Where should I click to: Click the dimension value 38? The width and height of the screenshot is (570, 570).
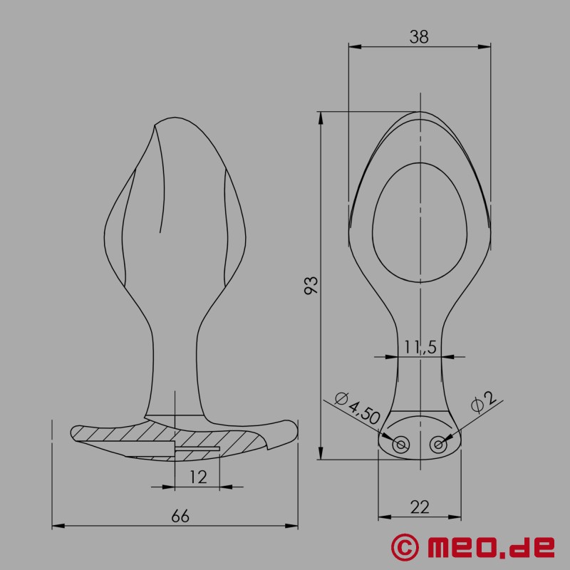[x=419, y=38]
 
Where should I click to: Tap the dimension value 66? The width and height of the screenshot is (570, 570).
[x=180, y=517]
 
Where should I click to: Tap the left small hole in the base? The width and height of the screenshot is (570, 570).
[x=401, y=445]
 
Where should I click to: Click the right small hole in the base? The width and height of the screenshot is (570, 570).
[x=438, y=445]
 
